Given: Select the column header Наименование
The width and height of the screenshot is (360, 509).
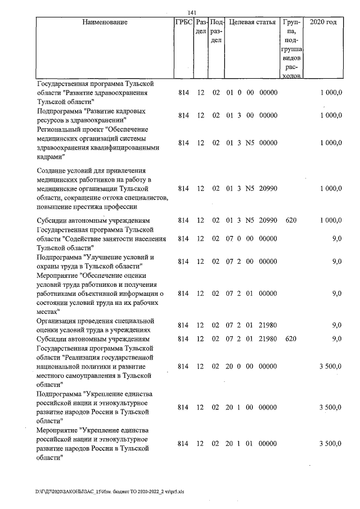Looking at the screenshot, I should pyautogui.click(x=105, y=22).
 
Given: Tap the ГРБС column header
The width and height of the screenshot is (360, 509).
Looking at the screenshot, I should pyautogui.click(x=183, y=22).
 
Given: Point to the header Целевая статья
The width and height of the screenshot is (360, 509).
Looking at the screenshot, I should pyautogui.click(x=251, y=22).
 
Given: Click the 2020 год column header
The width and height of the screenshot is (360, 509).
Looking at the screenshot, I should pyautogui.click(x=323, y=22).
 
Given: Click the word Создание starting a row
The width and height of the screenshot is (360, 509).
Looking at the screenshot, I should pyautogui.click(x=52, y=170).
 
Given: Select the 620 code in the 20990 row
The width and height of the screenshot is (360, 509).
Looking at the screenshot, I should pyautogui.click(x=291, y=220).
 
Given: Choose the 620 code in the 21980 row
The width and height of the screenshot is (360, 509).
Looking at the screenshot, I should pyautogui.click(x=291, y=339).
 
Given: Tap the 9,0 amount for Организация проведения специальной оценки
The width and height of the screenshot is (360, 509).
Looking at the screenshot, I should pyautogui.click(x=337, y=325).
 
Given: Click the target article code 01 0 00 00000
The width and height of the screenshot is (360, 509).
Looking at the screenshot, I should pyautogui.click(x=251, y=92).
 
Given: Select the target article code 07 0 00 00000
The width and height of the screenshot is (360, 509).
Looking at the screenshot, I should pyautogui.click(x=251, y=238).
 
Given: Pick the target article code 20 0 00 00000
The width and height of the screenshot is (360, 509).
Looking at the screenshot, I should pyautogui.click(x=251, y=366).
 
